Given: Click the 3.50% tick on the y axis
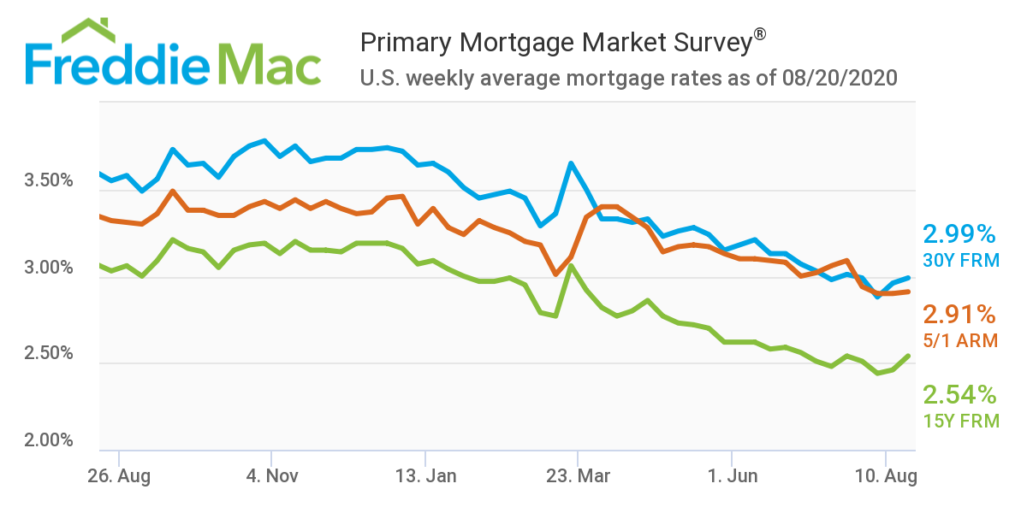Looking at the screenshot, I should pos(50,181).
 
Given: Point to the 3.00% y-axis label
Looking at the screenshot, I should pos(50,268).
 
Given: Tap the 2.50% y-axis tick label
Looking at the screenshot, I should pos(50,353).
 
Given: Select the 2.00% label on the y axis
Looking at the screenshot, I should pos(50,440).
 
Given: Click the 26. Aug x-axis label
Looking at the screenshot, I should pos(119,475).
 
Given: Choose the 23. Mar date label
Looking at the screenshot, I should pos(579,475).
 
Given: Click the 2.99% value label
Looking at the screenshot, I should pos(959,233).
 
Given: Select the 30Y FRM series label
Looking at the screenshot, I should pos(961,259).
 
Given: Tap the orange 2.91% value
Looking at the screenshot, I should pos(959,314).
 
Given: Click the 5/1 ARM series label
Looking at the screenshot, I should pos(960,339).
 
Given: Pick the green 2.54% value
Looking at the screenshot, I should pos(959,394).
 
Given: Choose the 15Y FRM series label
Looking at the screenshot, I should pos(961,420).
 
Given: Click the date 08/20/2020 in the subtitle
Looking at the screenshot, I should pos(840,79).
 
